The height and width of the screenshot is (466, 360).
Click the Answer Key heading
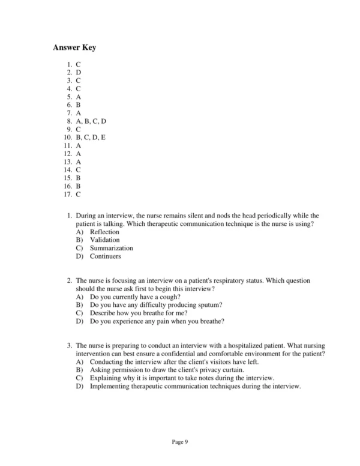(x=74, y=47)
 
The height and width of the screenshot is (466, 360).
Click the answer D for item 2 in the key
(x=78, y=72)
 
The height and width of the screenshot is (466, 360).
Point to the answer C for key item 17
(x=78, y=194)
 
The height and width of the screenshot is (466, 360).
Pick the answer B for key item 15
(x=78, y=178)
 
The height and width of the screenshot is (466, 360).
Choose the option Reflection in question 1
(x=104, y=232)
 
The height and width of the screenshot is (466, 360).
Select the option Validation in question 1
(x=104, y=240)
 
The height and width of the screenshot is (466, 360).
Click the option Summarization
(x=112, y=248)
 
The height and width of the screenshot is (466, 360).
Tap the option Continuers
(x=105, y=256)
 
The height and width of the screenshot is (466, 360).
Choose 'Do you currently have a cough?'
(x=132, y=297)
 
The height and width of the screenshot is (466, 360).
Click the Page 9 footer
(x=180, y=442)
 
